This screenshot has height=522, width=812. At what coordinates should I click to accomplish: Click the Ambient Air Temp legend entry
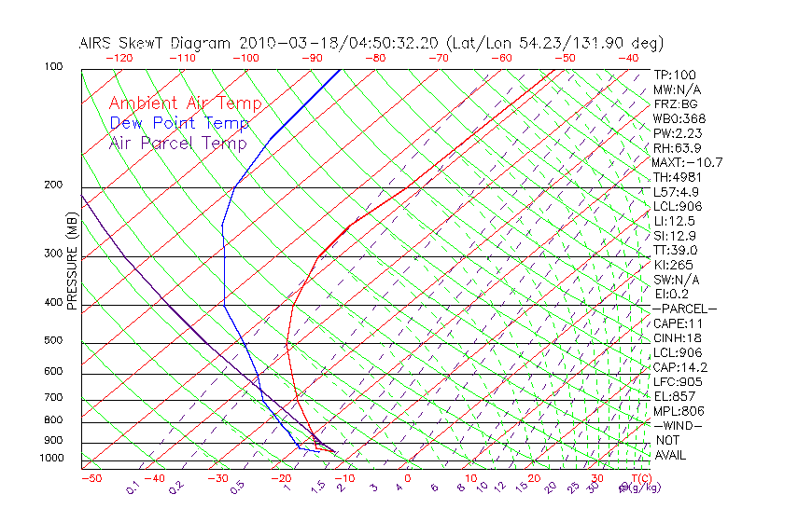[185, 103]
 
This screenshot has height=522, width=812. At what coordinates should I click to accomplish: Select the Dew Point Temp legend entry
[179, 123]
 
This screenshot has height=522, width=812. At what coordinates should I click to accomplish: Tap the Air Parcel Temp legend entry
[177, 143]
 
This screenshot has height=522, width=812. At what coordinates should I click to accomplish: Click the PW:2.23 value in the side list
[677, 133]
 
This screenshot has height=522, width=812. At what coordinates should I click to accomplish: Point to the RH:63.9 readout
[677, 148]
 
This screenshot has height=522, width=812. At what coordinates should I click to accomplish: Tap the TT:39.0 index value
[676, 251]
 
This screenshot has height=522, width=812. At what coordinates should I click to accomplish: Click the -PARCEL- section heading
[684, 309]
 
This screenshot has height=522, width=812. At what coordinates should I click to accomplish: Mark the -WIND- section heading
[679, 425]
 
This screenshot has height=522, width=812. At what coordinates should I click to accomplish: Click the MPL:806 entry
[679, 411]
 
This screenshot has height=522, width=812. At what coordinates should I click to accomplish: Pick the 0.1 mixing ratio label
[133, 488]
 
